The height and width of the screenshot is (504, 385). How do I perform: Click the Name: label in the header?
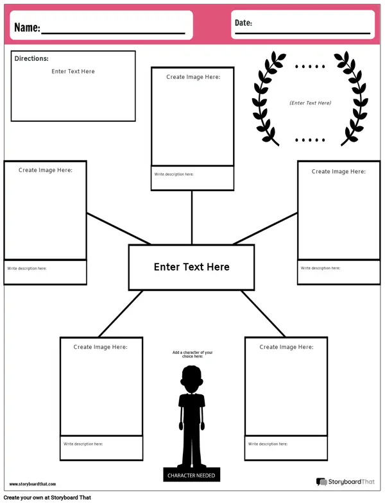(x=27, y=28)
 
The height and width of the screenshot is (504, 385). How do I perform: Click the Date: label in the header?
(x=243, y=23)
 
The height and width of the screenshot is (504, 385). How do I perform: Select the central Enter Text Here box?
(x=191, y=267)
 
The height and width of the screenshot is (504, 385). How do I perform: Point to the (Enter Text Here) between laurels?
(x=310, y=103)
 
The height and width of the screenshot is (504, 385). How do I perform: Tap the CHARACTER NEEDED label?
(x=191, y=475)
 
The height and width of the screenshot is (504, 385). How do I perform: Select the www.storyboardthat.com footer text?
(x=33, y=484)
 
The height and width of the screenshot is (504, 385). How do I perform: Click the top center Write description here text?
(x=174, y=174)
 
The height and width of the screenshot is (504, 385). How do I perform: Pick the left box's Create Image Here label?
(x=46, y=170)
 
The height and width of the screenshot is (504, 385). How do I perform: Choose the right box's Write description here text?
(x=321, y=268)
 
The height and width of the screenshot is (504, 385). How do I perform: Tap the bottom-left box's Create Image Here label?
(x=100, y=347)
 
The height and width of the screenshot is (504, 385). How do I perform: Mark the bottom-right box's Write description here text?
(x=268, y=444)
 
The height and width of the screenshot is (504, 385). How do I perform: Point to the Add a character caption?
(x=192, y=354)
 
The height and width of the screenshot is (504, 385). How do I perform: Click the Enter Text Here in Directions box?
(x=73, y=71)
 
